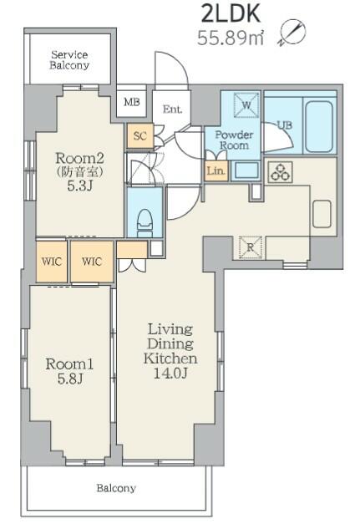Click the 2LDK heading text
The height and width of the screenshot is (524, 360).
(x=231, y=14)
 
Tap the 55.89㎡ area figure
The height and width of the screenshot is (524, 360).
(x=231, y=38)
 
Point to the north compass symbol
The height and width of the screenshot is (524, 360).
(x=292, y=33)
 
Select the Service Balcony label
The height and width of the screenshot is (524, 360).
(x=69, y=60)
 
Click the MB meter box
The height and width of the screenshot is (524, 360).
(x=132, y=101)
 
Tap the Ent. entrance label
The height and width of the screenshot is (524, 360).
(x=172, y=109)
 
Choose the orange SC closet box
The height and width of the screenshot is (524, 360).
(x=140, y=135)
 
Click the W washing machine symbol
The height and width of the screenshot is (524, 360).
(x=246, y=105)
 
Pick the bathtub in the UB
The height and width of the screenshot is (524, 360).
(x=319, y=125)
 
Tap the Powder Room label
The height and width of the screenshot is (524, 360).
(x=234, y=140)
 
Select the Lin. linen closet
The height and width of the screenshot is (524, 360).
(x=216, y=170)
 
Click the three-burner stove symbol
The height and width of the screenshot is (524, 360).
(x=280, y=172)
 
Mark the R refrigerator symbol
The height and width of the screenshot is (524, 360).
(x=251, y=247)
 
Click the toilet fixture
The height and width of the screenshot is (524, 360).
(x=145, y=221)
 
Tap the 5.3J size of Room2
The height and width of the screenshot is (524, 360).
(x=79, y=186)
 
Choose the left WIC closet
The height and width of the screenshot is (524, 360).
(x=52, y=262)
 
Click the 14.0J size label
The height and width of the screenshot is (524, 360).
(x=170, y=373)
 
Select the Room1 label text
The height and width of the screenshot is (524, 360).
(x=69, y=364)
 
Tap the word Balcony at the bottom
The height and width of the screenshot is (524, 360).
(x=116, y=488)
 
